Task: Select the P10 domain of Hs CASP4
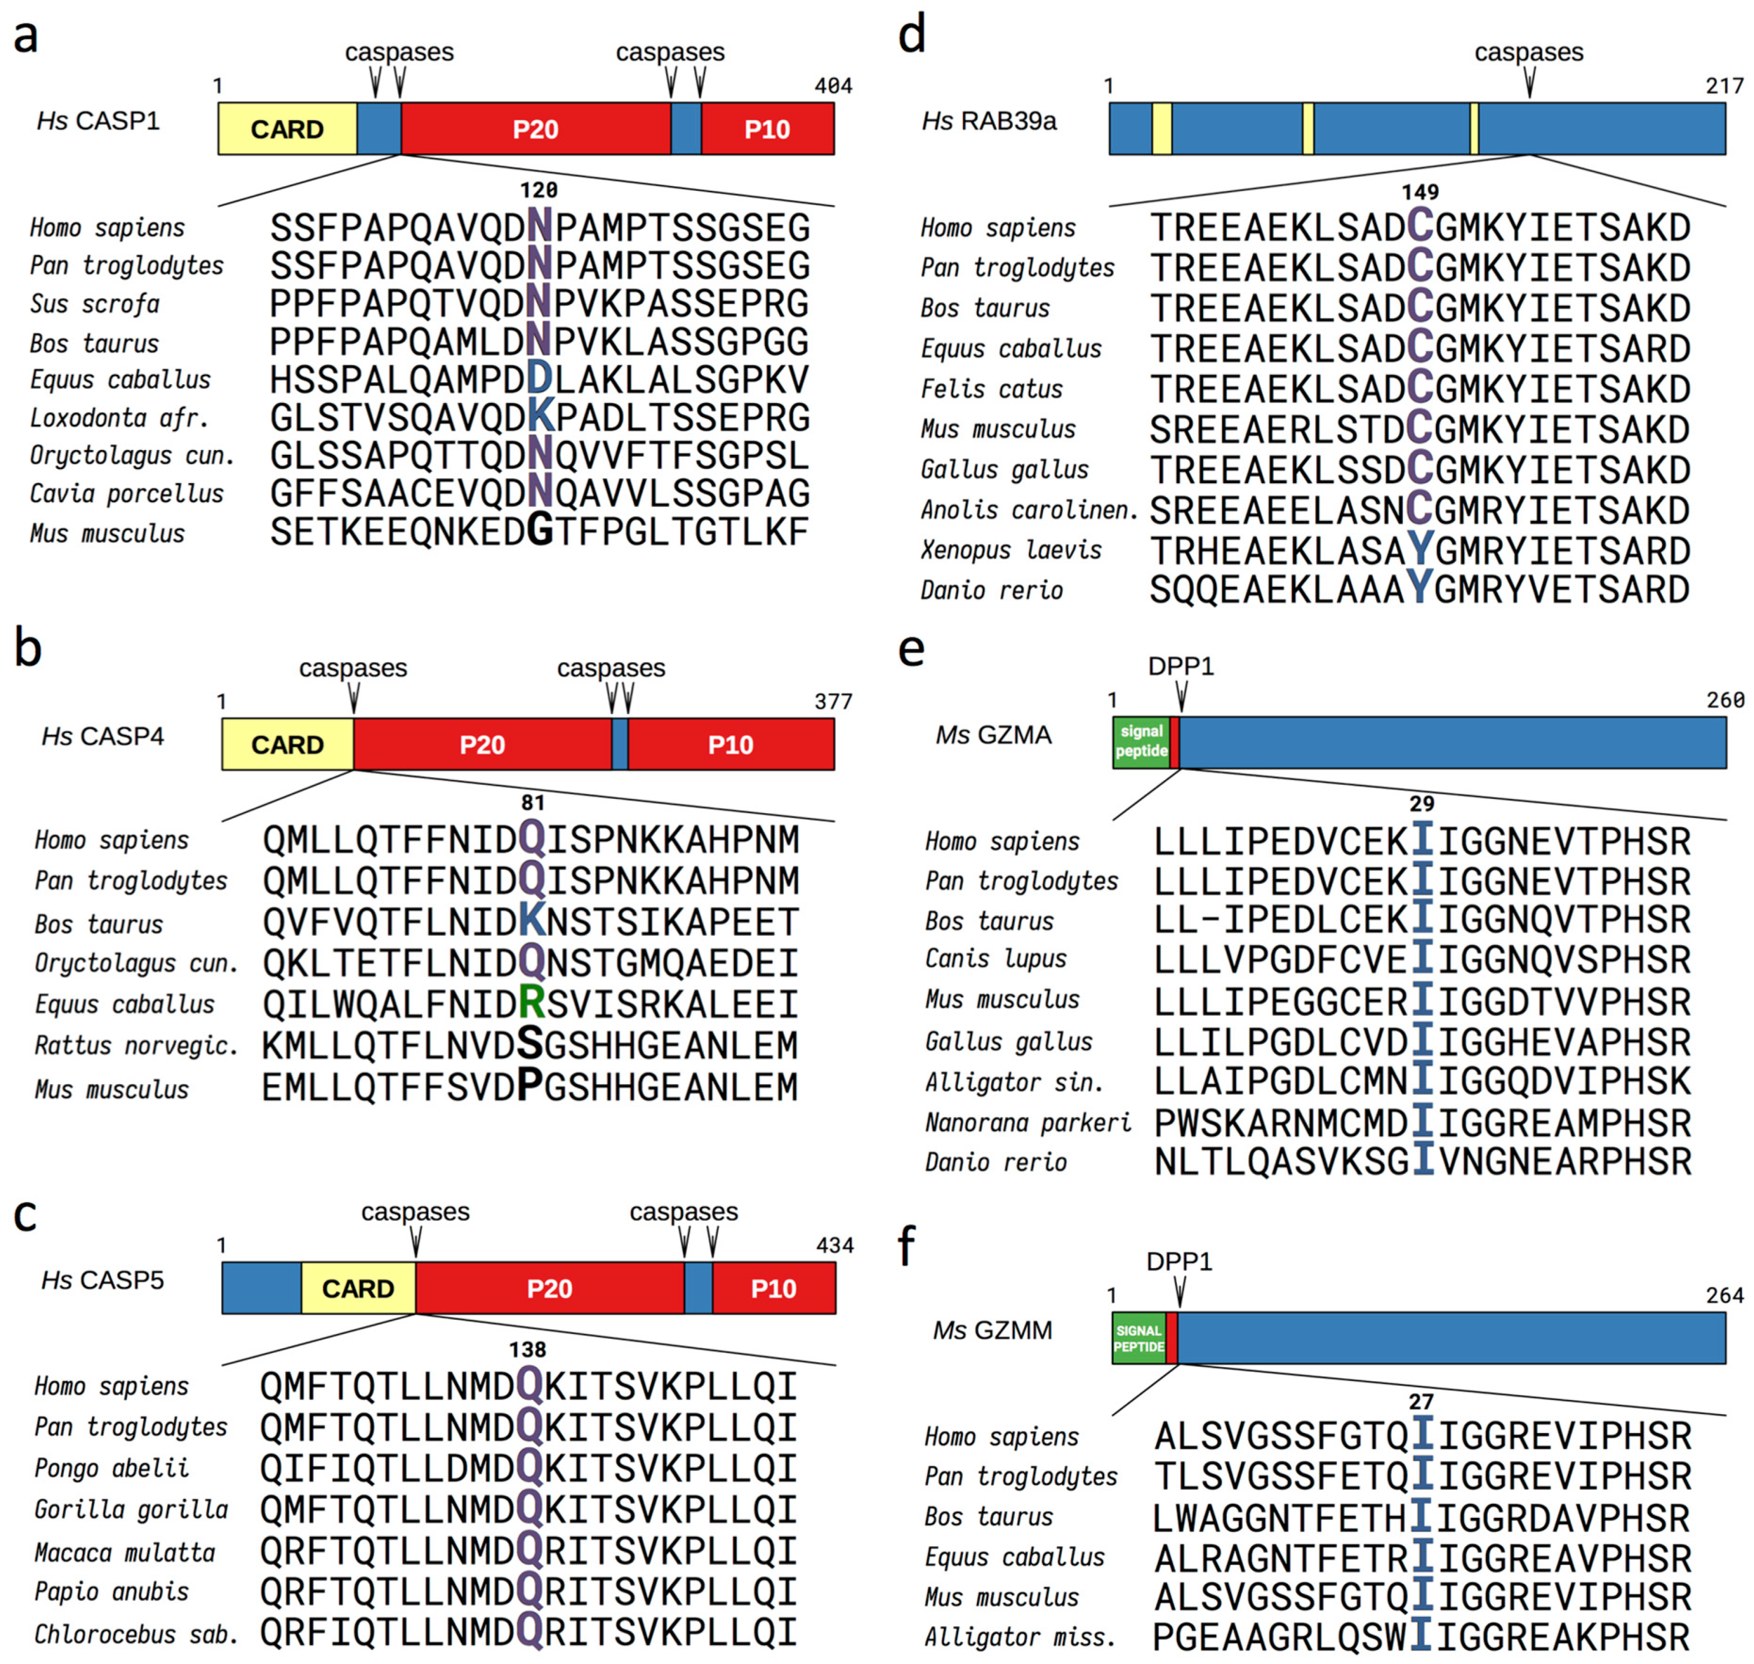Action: pyautogui.click(x=731, y=744)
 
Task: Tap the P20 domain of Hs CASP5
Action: pyautogui.click(x=549, y=1288)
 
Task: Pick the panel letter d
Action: pyautogui.click(x=912, y=35)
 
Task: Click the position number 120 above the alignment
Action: pyautogui.click(x=538, y=190)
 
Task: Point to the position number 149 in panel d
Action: pyautogui.click(x=1419, y=192)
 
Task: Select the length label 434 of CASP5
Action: pyautogui.click(x=835, y=1245)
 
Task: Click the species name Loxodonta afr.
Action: pyautogui.click(x=120, y=418)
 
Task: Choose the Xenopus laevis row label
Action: pyautogui.click(x=1011, y=550)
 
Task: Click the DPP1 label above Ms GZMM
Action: pyautogui.click(x=1179, y=1260)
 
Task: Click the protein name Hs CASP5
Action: pyautogui.click(x=103, y=1280)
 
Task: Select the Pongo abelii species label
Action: pyautogui.click(x=112, y=1468)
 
